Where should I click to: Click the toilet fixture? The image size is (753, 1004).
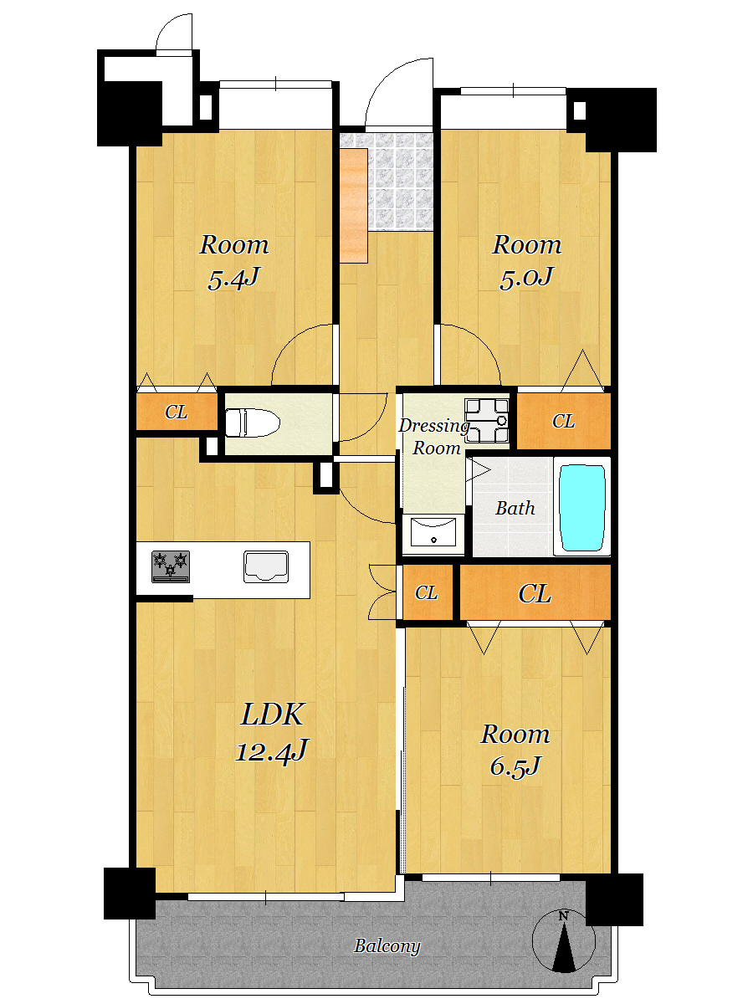pyautogui.click(x=253, y=423)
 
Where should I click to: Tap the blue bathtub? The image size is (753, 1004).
pyautogui.click(x=582, y=508)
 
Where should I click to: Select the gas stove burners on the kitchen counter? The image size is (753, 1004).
pyautogui.click(x=171, y=566)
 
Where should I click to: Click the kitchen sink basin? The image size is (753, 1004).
pyautogui.click(x=265, y=566)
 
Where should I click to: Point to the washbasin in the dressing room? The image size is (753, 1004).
pyautogui.click(x=433, y=532)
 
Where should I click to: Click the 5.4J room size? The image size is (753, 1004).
pyautogui.click(x=233, y=279)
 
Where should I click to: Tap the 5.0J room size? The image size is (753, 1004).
pyautogui.click(x=526, y=278)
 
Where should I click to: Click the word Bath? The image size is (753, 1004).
pyautogui.click(x=515, y=508)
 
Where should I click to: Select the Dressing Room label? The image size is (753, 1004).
pyautogui.click(x=434, y=437)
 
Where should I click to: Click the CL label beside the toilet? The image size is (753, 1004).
pyautogui.click(x=176, y=412)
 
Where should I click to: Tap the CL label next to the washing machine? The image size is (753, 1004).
pyautogui.click(x=563, y=422)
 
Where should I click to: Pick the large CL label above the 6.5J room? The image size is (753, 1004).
pyautogui.click(x=535, y=594)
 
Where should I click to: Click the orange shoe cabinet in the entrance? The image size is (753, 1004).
pyautogui.click(x=354, y=205)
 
